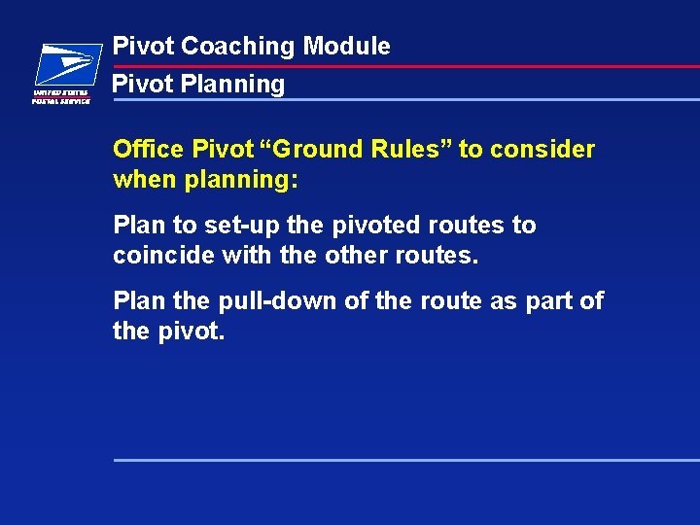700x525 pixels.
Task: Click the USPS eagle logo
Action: [66, 66]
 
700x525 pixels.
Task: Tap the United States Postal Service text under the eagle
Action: [61, 96]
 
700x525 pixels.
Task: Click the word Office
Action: [148, 149]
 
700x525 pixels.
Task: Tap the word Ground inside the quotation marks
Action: [320, 149]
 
